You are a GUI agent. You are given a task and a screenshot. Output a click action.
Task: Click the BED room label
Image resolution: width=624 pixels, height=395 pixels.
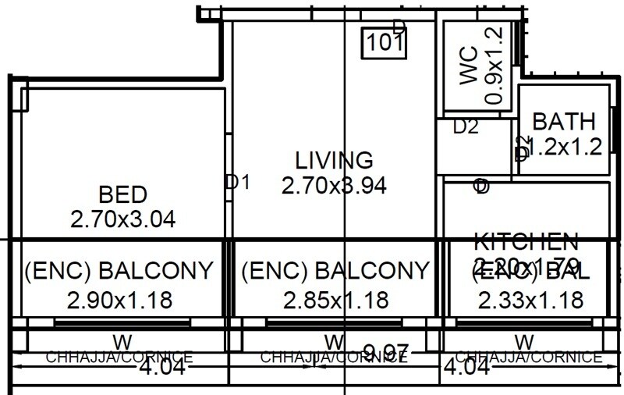coord(123,194)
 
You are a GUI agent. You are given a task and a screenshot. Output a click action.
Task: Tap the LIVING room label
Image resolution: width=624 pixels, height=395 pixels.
coord(335,161)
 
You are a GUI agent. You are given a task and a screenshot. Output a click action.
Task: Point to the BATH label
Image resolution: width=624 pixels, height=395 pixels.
coord(564,122)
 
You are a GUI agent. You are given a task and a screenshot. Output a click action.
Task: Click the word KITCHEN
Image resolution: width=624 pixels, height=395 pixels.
coord(526,240)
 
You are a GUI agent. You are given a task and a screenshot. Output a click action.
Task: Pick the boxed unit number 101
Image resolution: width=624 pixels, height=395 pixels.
coord(385,41)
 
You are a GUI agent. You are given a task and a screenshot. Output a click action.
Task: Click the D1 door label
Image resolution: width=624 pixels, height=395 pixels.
coord(237,183)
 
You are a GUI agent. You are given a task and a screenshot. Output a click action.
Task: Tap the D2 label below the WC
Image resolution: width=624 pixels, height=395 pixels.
coord(466,127)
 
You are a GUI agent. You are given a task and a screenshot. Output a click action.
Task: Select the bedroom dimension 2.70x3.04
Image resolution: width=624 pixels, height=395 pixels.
coord(122,219)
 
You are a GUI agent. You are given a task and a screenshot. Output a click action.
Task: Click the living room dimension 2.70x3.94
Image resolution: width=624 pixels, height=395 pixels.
coord(335,186)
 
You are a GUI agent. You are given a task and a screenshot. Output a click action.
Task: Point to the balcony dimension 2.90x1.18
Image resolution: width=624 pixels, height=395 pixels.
coord(119,299)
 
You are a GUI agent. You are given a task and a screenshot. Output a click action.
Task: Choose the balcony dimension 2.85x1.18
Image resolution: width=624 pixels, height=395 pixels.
coord(336,299)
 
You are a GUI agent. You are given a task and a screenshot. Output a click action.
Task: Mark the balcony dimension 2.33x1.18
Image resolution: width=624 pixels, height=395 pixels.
coord(531,299)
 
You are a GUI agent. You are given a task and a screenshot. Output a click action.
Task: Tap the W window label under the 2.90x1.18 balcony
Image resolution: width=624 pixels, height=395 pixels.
coord(122,341)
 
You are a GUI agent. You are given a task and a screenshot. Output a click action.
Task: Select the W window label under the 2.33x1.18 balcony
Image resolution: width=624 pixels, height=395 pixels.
coord(525,341)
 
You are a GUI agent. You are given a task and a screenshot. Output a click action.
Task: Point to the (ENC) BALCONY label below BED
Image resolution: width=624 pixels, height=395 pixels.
coord(119,272)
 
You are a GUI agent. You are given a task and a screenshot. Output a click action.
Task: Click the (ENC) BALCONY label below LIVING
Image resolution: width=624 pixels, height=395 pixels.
coord(336,272)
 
